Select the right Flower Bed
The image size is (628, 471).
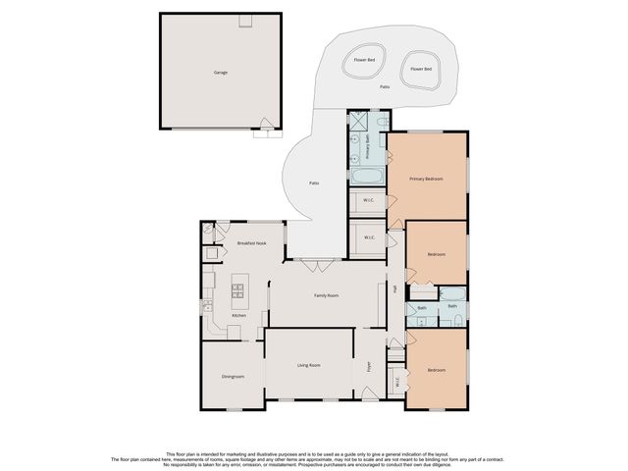coord(422,70)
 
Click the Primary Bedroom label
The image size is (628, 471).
coord(426,179)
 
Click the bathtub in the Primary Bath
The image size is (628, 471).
coord(368,178)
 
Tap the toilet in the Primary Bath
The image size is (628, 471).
coord(382,121)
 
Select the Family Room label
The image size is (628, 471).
coord(326,294)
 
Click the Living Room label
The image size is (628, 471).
coord(309,365)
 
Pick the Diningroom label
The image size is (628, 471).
coord(232,376)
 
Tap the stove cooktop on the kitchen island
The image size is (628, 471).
coord(236,289)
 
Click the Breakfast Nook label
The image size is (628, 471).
coord(252,242)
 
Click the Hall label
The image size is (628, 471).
coord(394,289)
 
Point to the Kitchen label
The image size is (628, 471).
coord(238,315)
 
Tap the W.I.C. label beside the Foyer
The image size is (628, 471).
coord(396,382)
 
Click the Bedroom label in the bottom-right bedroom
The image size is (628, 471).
coord(436,370)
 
